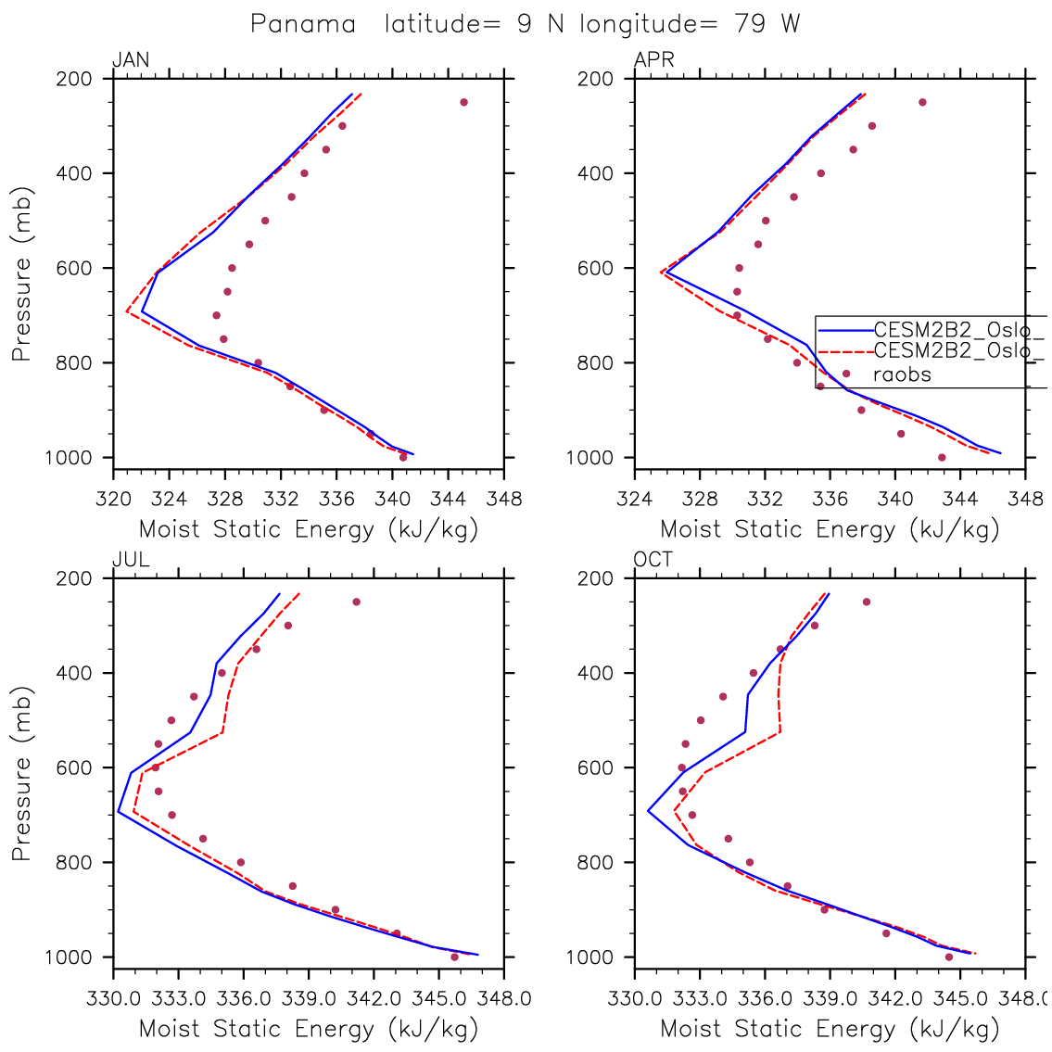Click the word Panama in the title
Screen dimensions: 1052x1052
(x=303, y=24)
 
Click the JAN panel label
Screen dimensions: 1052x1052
(x=131, y=61)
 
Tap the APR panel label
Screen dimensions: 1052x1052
(x=653, y=61)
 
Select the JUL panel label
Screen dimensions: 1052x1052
(x=131, y=560)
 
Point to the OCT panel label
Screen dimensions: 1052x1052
(x=653, y=560)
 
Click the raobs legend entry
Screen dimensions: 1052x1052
(x=902, y=375)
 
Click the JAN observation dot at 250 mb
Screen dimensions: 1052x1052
(x=463, y=102)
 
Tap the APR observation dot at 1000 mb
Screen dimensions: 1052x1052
(x=942, y=457)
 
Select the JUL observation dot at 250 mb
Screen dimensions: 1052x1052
(x=356, y=602)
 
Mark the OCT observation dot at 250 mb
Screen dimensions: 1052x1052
(x=867, y=602)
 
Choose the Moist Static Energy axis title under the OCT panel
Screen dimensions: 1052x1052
(x=830, y=1028)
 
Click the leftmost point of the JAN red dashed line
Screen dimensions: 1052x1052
(x=127, y=311)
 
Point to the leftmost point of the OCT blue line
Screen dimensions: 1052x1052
(x=648, y=811)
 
